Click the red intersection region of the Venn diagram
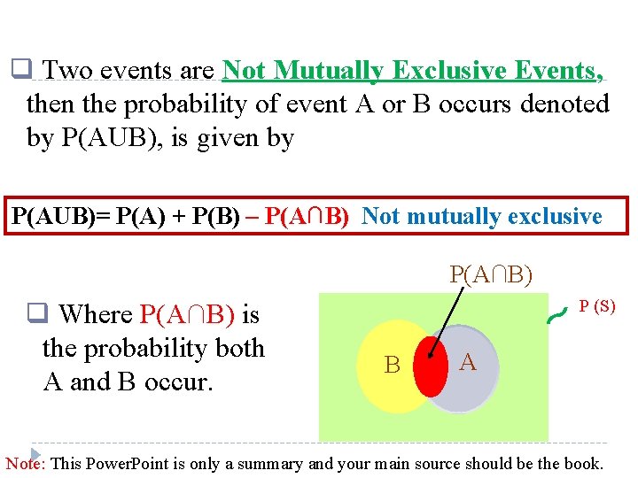coord(431,365)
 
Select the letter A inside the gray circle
coord(469,362)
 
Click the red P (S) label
coord(597,306)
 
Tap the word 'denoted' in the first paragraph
coord(564,104)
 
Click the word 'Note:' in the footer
coord(27,464)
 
